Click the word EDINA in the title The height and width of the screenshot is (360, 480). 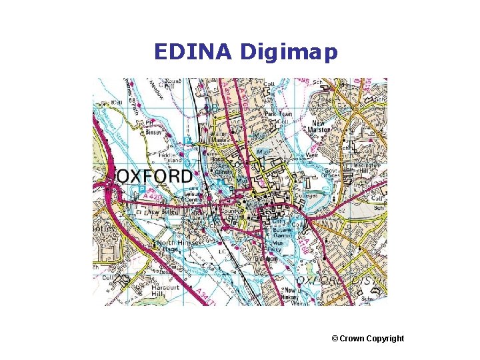pyautogui.click(x=194, y=51)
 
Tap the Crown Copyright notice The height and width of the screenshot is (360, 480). pyautogui.click(x=367, y=339)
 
